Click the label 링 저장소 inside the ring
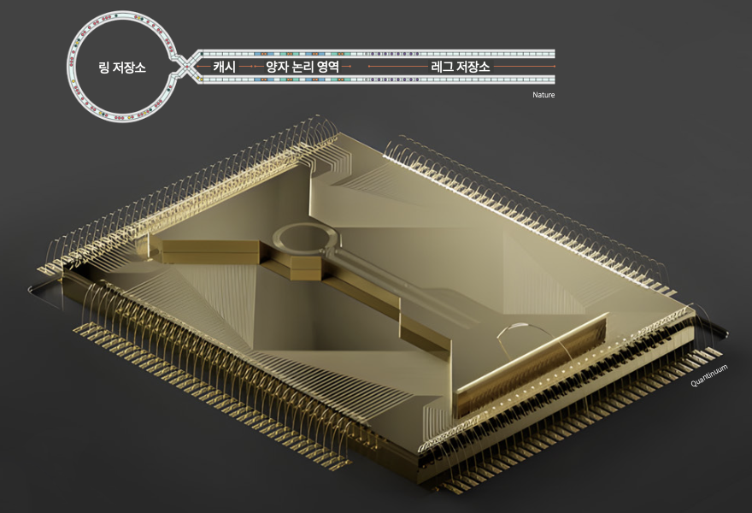pyautogui.click(x=122, y=68)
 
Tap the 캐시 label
pyautogui.click(x=225, y=66)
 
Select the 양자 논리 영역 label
pyautogui.click(x=303, y=66)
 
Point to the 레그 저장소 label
pyautogui.click(x=461, y=66)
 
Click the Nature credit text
pyautogui.click(x=543, y=95)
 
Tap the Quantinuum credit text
pyautogui.click(x=709, y=375)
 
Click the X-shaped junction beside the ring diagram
pyautogui.click(x=185, y=66)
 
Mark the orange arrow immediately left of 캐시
pyautogui.click(x=203, y=66)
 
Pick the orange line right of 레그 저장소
pyautogui.click(x=524, y=66)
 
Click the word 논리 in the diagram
pyautogui.click(x=303, y=66)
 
